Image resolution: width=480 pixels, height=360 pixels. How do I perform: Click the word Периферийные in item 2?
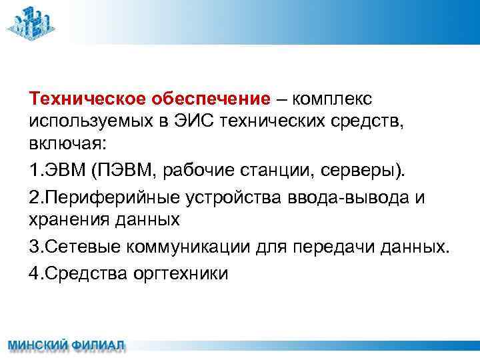click(109, 197)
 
